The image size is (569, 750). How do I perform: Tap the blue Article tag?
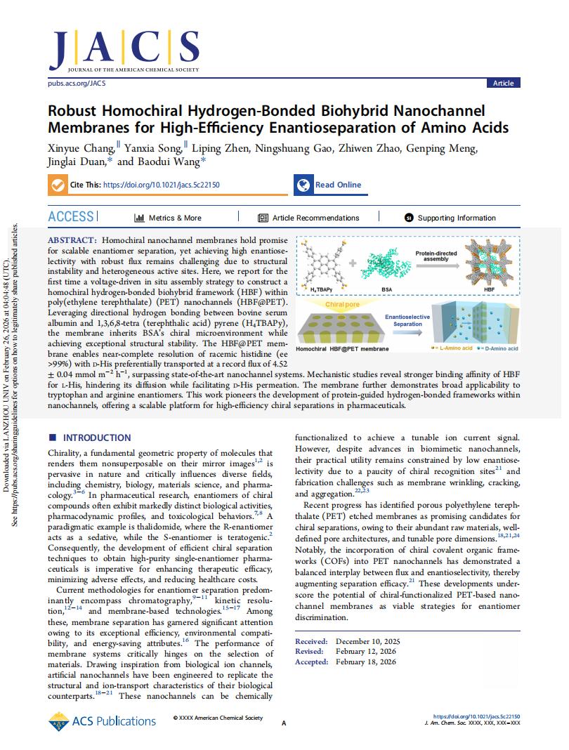click(x=503, y=83)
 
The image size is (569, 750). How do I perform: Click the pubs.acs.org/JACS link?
click(x=75, y=83)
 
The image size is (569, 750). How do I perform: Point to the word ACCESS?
click(x=71, y=217)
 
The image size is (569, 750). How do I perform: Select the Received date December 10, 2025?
click(x=367, y=642)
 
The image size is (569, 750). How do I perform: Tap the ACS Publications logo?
click(x=103, y=721)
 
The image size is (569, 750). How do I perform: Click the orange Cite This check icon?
click(x=57, y=185)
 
